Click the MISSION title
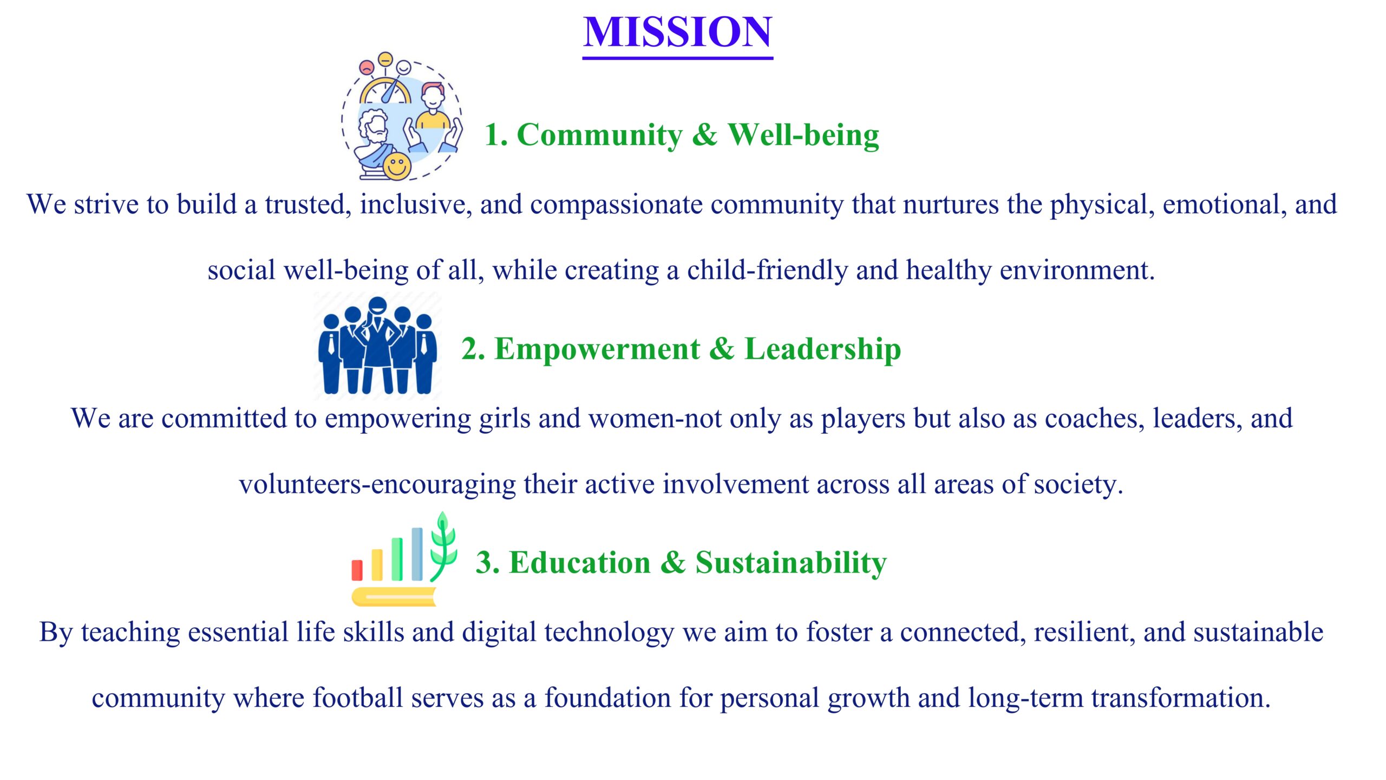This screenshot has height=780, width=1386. pyautogui.click(x=678, y=32)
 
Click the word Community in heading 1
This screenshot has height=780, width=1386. pyautogui.click(x=600, y=135)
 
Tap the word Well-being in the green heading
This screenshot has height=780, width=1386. pyautogui.click(x=803, y=135)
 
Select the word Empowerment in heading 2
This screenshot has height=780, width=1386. pyautogui.click(x=597, y=349)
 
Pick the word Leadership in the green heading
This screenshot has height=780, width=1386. pyautogui.click(x=823, y=349)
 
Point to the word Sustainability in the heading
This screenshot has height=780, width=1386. pyautogui.click(x=791, y=563)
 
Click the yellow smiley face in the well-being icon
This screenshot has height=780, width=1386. pyautogui.click(x=397, y=165)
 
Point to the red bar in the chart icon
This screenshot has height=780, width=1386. pyautogui.click(x=357, y=570)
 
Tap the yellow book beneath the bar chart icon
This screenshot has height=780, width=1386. pyautogui.click(x=394, y=596)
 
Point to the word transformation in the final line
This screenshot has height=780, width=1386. pyautogui.click(x=1181, y=698)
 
